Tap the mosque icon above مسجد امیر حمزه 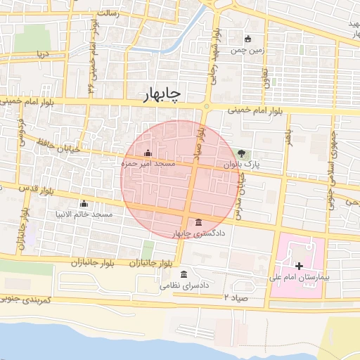[147, 153]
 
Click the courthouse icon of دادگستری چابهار [199, 222]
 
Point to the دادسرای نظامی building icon [184, 274]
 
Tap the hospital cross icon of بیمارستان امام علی [300, 266]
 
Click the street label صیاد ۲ [237, 297]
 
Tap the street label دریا [44, 53]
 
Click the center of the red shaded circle [180, 179]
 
